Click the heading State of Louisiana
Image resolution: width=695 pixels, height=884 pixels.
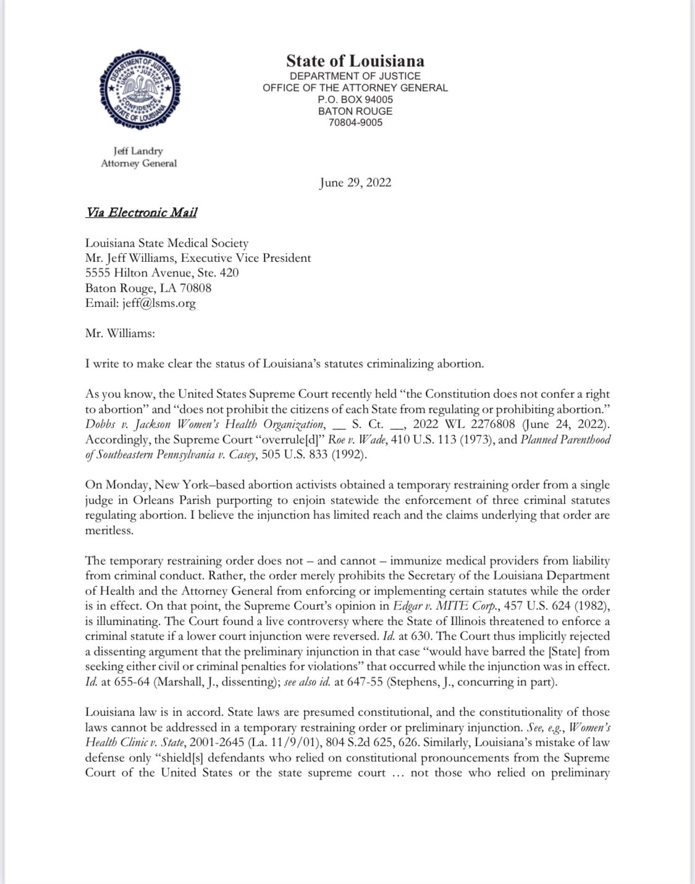point(355,61)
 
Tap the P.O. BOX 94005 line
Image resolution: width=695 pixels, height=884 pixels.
point(355,99)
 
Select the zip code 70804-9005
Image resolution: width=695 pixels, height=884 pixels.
point(355,122)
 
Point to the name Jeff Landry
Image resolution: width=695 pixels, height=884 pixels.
point(138,151)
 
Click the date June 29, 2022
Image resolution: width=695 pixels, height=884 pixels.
point(355,182)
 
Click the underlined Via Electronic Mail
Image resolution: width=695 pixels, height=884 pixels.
point(141,213)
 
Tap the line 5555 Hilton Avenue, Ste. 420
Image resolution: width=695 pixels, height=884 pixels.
point(162,273)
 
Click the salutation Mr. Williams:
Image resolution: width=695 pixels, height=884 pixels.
point(120,333)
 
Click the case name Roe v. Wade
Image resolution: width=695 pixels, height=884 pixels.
point(331,439)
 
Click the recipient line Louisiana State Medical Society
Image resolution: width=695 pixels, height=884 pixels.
point(167,243)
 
